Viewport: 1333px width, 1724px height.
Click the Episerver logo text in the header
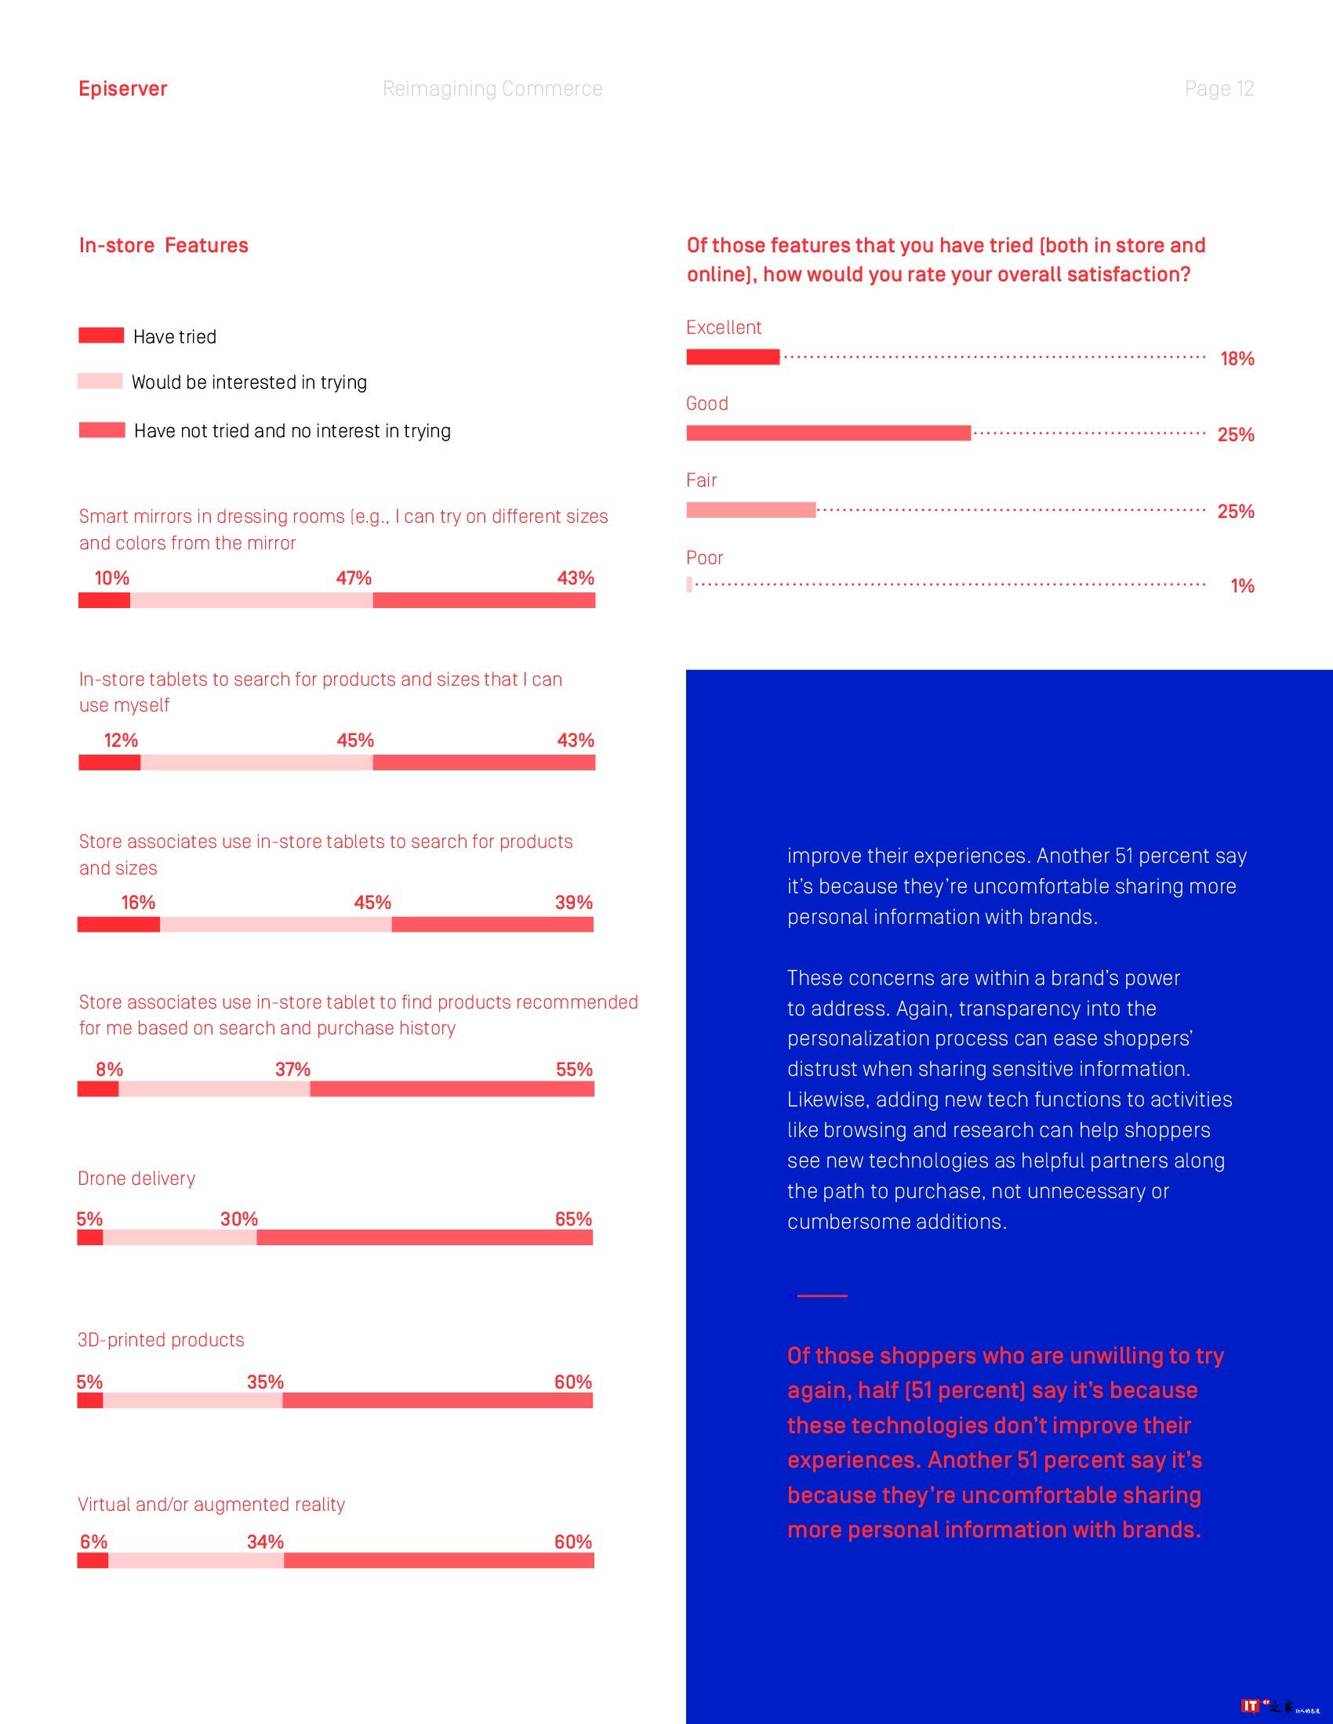pyautogui.click(x=122, y=89)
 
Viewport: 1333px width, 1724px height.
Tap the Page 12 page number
pyautogui.click(x=1219, y=89)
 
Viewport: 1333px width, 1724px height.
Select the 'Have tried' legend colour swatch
pyautogui.click(x=101, y=335)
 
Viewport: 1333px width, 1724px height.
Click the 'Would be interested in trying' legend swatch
pyautogui.click(x=100, y=382)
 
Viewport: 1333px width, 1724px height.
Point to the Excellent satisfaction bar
pyautogui.click(x=733, y=357)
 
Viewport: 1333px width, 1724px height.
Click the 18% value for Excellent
pyautogui.click(x=1237, y=359)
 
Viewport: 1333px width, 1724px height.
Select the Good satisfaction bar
pyautogui.click(x=828, y=433)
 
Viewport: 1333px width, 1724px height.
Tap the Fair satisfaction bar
pyautogui.click(x=750, y=510)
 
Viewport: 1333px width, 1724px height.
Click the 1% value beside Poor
pyautogui.click(x=1241, y=585)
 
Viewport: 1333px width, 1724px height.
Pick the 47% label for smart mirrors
pyautogui.click(x=353, y=578)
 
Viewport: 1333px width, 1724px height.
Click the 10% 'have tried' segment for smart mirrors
pyautogui.click(x=104, y=601)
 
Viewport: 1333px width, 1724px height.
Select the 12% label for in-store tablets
pyautogui.click(x=121, y=741)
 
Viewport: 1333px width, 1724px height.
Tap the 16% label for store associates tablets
pyautogui.click(x=138, y=902)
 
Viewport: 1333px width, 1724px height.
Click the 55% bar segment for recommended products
pyautogui.click(x=452, y=1089)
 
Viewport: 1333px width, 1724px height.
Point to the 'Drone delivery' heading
pyautogui.click(x=136, y=1179)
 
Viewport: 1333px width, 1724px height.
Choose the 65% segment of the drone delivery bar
pyautogui.click(x=424, y=1237)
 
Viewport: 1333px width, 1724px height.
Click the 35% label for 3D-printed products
pyautogui.click(x=264, y=1382)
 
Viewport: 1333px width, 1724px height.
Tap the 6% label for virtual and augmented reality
pyautogui.click(x=93, y=1541)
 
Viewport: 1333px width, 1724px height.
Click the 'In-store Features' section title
pyautogui.click(x=163, y=245)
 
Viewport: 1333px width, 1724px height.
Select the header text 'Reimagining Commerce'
pyautogui.click(x=492, y=89)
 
